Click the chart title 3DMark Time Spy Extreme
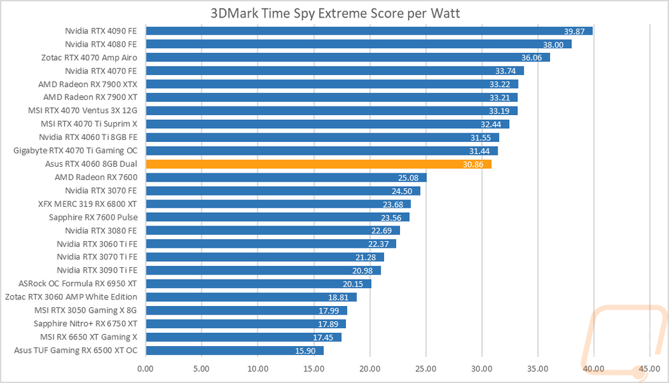tap(334, 13)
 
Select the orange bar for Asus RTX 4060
tap(318, 164)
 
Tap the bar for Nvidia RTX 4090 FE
tap(369, 31)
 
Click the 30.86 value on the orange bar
tap(474, 164)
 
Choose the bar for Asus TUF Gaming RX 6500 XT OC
tap(234, 350)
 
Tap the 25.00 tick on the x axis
tap(425, 368)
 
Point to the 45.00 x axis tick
tap(650, 368)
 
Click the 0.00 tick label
tap(145, 368)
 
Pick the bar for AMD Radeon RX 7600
tap(286, 177)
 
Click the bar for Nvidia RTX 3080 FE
tap(272, 230)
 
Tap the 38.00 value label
tap(554, 44)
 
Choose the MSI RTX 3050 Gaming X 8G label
tap(86, 310)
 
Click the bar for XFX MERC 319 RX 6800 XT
tap(278, 204)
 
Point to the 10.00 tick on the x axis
tap(258, 368)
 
